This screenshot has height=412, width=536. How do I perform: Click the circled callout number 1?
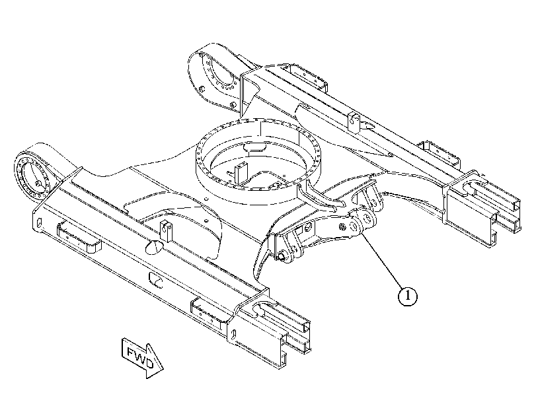[x=408, y=296]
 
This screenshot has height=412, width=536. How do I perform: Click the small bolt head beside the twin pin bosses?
[x=342, y=226]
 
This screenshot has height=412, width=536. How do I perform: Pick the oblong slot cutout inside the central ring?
[x=255, y=147]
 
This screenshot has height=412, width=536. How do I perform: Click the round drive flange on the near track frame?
[x=34, y=180]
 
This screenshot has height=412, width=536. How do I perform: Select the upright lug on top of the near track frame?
[x=165, y=230]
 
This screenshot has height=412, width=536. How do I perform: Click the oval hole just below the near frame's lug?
[x=155, y=247]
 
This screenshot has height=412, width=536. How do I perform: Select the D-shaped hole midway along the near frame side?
[x=155, y=279]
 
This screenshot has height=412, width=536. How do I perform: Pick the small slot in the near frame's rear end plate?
[x=39, y=223]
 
